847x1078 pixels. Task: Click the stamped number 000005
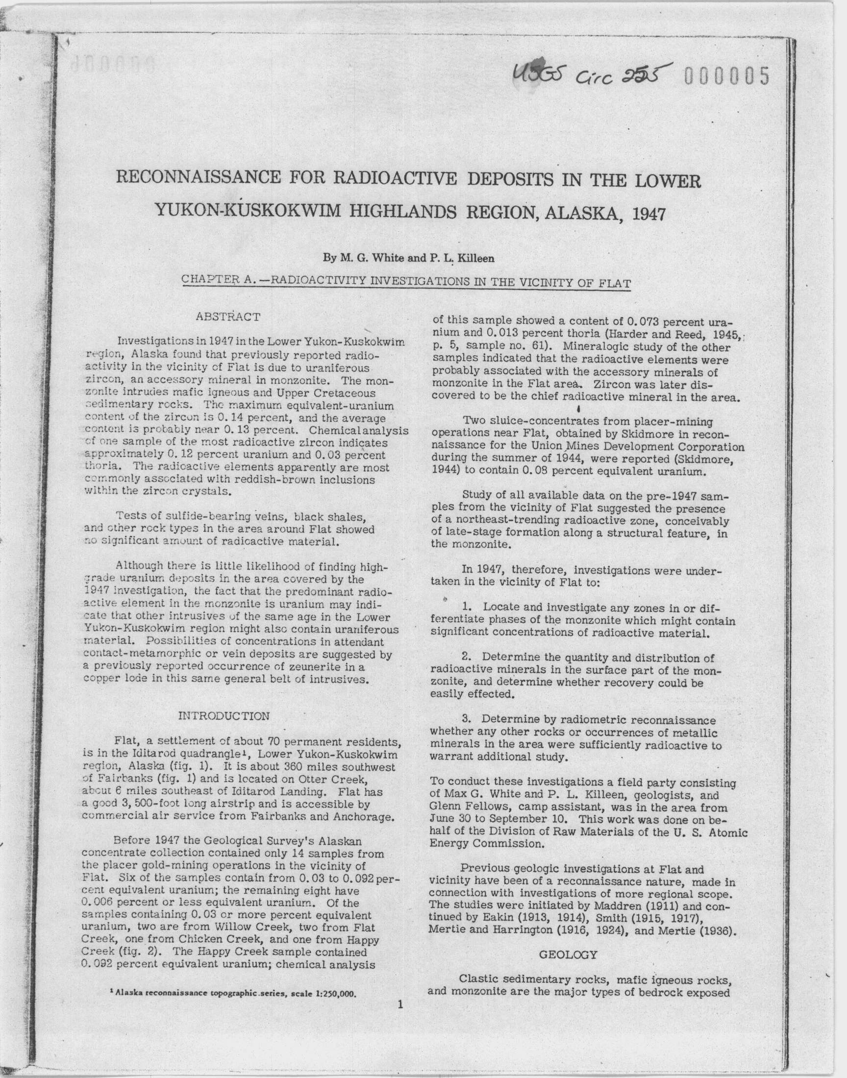[x=727, y=77]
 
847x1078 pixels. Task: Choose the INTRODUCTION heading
[x=224, y=716]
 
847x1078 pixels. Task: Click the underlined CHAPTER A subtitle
[x=406, y=282]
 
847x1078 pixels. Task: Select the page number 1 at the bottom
[x=400, y=1004]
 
